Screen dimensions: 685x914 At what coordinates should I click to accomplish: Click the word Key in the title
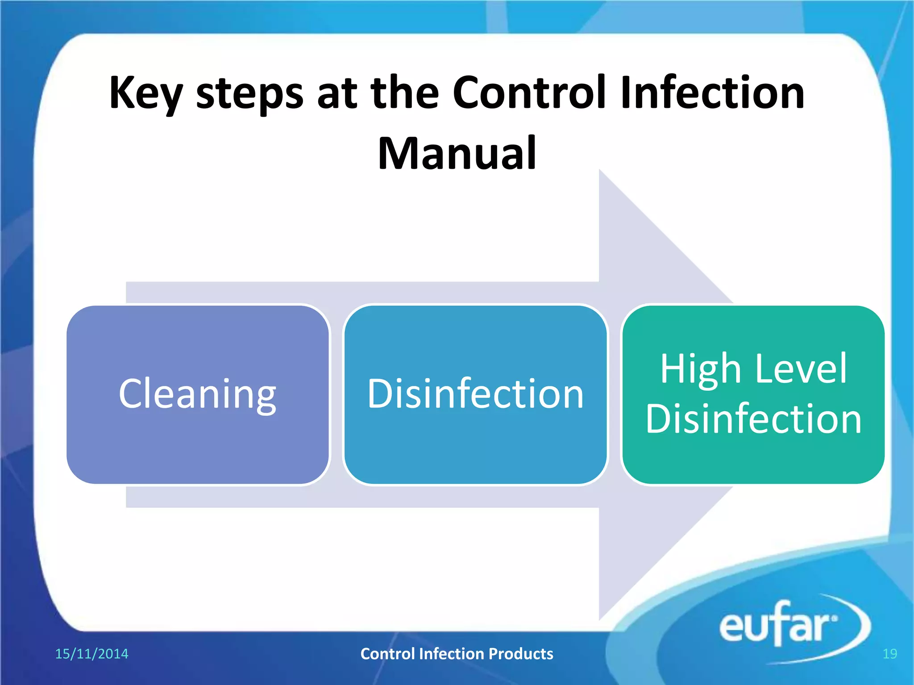[x=145, y=93]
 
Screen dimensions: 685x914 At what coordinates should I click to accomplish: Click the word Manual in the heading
[x=457, y=153]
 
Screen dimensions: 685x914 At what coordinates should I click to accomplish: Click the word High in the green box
[x=700, y=369]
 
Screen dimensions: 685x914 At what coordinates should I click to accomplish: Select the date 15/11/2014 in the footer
[x=91, y=654]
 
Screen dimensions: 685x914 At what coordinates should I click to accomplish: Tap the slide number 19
[x=889, y=654]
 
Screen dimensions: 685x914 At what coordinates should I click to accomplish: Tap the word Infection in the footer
[x=451, y=654]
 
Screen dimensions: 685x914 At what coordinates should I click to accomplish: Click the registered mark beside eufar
[x=835, y=619]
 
